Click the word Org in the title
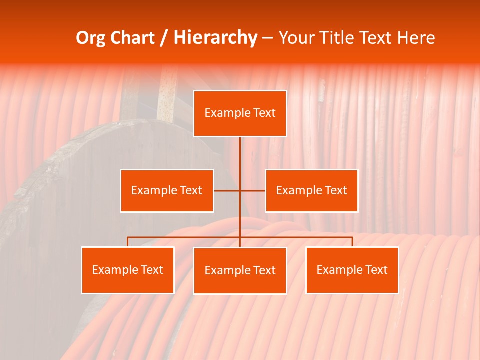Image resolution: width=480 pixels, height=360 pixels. click(x=90, y=38)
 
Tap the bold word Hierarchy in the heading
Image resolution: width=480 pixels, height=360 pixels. click(x=215, y=38)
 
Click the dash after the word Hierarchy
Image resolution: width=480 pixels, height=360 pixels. click(x=267, y=38)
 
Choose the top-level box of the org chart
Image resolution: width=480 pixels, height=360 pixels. click(x=240, y=113)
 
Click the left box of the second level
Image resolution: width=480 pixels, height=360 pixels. click(x=167, y=191)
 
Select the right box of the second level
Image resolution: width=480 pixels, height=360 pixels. click(x=311, y=191)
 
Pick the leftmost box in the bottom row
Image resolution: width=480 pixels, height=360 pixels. click(x=128, y=270)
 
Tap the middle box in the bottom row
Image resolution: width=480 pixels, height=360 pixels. click(x=240, y=271)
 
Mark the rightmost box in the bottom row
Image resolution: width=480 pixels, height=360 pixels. click(x=352, y=270)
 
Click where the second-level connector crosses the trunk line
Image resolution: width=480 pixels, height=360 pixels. click(x=240, y=191)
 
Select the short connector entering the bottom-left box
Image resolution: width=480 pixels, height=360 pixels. click(x=128, y=242)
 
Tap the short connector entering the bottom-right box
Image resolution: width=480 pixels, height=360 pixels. click(x=352, y=242)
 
